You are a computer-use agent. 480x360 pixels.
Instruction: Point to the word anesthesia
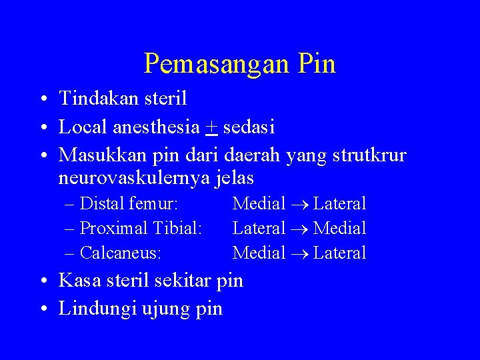pos(160,126)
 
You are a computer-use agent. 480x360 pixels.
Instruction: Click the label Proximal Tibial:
pos(141,228)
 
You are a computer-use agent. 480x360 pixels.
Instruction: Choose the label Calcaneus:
pos(123,253)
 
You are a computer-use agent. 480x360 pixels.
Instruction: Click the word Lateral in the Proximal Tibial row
pos(259,228)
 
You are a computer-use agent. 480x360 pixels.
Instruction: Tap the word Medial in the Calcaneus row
pos(259,253)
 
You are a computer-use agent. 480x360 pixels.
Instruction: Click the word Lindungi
pos(97,309)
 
